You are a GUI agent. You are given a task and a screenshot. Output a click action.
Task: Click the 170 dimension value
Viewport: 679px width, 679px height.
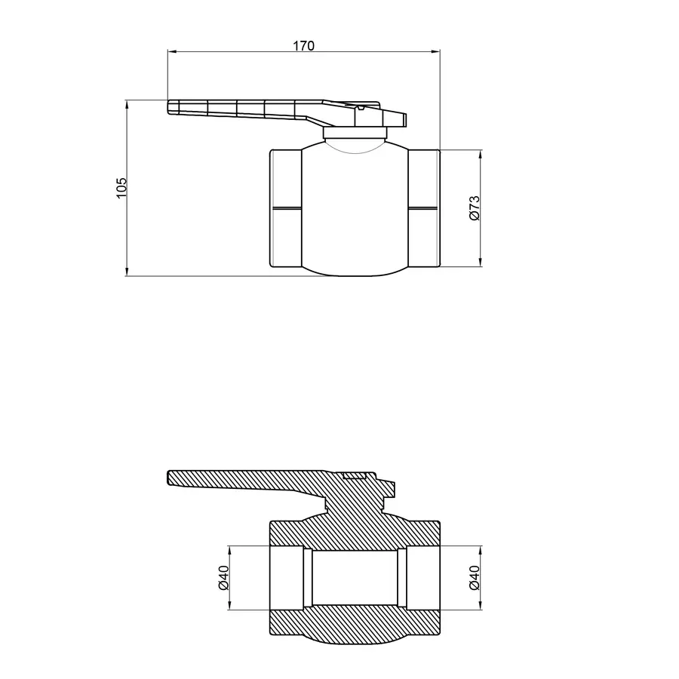(x=303, y=45)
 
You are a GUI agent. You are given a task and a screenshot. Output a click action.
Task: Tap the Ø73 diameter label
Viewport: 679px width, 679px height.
(x=474, y=208)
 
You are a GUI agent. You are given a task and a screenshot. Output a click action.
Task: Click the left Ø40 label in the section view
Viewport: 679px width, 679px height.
(x=223, y=577)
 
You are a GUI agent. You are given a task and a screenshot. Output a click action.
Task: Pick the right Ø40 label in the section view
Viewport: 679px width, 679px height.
(x=474, y=577)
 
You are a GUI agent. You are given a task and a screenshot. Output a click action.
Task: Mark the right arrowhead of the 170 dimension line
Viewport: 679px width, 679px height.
(x=436, y=52)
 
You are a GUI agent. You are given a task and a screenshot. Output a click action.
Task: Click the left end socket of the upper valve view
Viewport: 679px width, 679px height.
(x=286, y=208)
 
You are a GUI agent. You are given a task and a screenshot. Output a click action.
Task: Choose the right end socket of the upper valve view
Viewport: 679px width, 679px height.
(x=424, y=208)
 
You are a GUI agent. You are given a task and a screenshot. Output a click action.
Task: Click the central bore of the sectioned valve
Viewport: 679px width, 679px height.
(x=355, y=577)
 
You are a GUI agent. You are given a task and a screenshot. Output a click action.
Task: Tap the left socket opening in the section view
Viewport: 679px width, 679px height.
(x=286, y=577)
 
